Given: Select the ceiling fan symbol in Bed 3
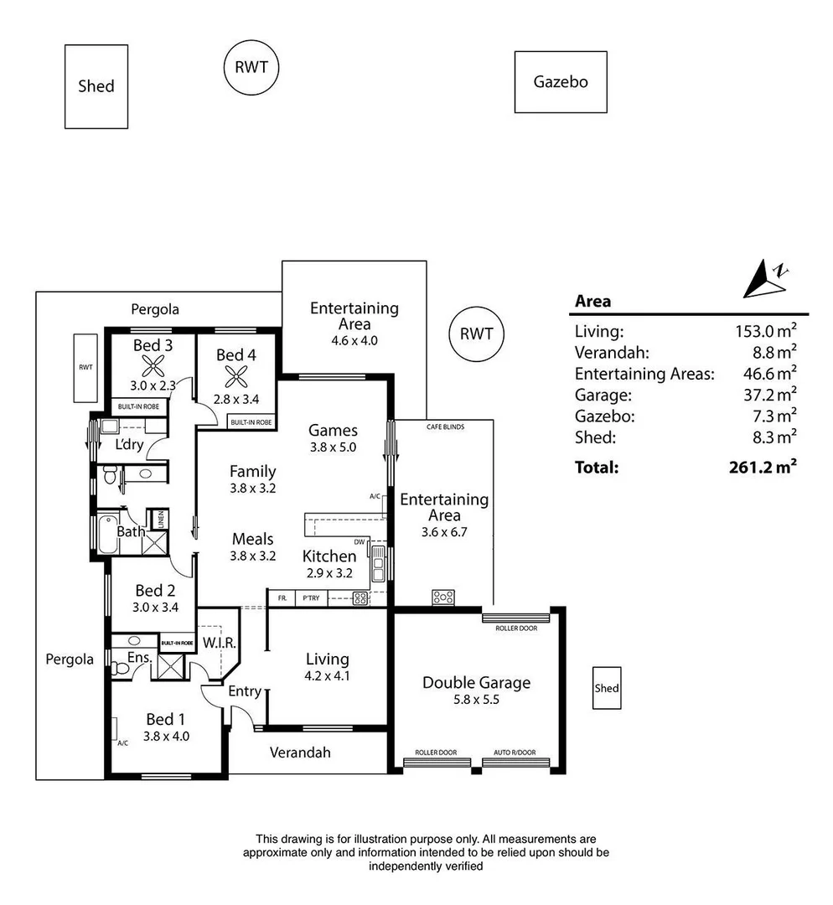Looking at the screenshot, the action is click(153, 365).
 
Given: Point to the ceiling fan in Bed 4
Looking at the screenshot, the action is click(236, 376).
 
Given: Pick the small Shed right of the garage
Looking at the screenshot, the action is click(607, 688).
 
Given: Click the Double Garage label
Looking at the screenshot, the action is click(476, 683).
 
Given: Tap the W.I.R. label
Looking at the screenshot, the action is click(220, 643).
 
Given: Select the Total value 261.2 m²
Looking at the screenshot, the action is click(763, 467).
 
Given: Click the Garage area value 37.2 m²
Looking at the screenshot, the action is click(769, 395).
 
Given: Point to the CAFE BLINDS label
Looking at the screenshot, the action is click(445, 427).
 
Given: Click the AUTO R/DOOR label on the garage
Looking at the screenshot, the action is click(515, 752).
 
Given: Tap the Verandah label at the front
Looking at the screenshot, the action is click(300, 752).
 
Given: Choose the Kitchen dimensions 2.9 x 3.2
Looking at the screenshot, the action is click(329, 573).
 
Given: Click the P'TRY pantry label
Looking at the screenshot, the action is click(311, 598).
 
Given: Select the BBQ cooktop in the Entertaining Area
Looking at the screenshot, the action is click(442, 597).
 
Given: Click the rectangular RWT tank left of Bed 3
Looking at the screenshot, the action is click(85, 368).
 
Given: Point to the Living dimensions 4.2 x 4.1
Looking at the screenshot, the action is click(328, 676).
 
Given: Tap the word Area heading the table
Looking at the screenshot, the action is click(592, 302).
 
